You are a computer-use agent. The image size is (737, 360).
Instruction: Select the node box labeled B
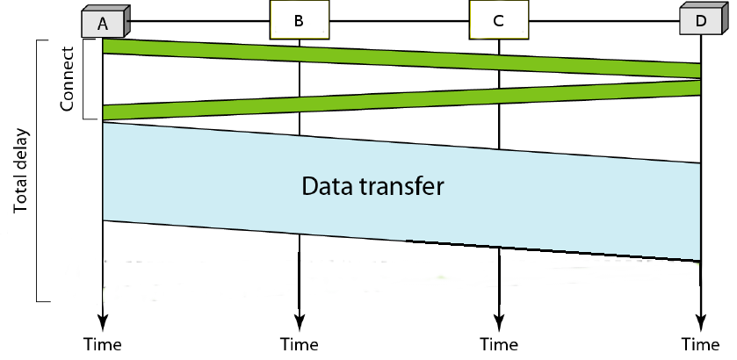coord(299,20)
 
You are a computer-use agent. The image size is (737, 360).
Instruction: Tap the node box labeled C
coord(498,20)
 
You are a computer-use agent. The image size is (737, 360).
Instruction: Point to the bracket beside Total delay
coord(38,171)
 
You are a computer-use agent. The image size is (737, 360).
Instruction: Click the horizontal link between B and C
coord(399,18)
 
